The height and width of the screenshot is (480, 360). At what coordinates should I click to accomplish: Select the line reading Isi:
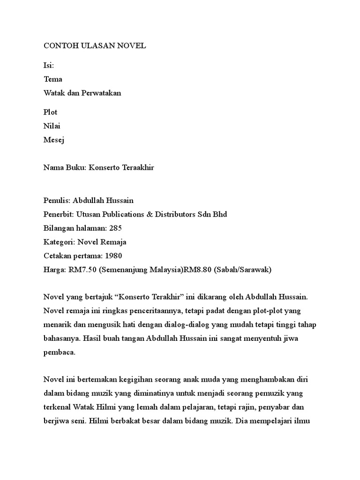tap(49, 66)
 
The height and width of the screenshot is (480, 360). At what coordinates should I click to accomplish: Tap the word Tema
tap(52, 79)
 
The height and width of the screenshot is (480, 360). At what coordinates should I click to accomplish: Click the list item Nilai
tap(52, 126)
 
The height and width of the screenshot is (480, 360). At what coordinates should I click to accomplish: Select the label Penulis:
tap(57, 201)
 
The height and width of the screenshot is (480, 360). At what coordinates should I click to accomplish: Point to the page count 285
tap(115, 228)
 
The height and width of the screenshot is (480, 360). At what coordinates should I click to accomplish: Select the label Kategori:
tap(59, 242)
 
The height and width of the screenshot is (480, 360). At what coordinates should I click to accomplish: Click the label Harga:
tap(55, 270)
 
